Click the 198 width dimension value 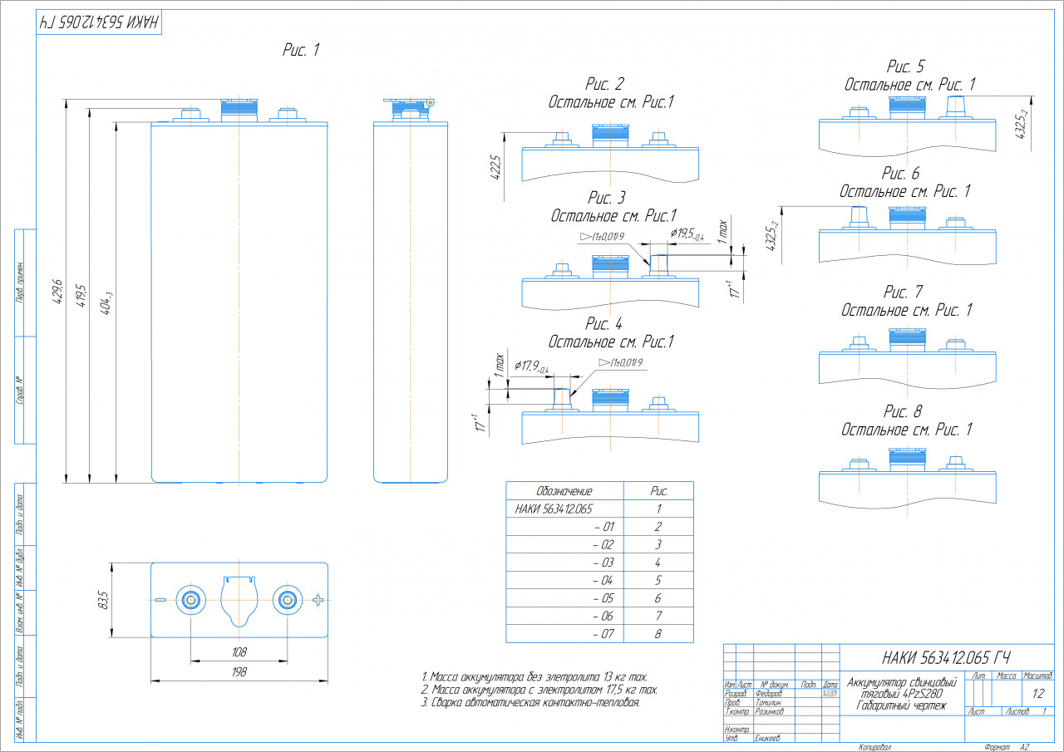tap(239, 672)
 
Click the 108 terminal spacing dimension tap(239, 652)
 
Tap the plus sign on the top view tap(318, 599)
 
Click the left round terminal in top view tap(191, 599)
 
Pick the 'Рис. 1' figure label tap(301, 51)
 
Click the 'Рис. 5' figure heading tap(905, 67)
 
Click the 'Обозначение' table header tap(564, 490)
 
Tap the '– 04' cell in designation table tap(603, 580)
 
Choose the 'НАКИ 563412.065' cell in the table tap(554, 509)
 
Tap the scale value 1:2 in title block tap(1038, 693)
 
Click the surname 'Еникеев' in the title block tap(768, 737)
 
